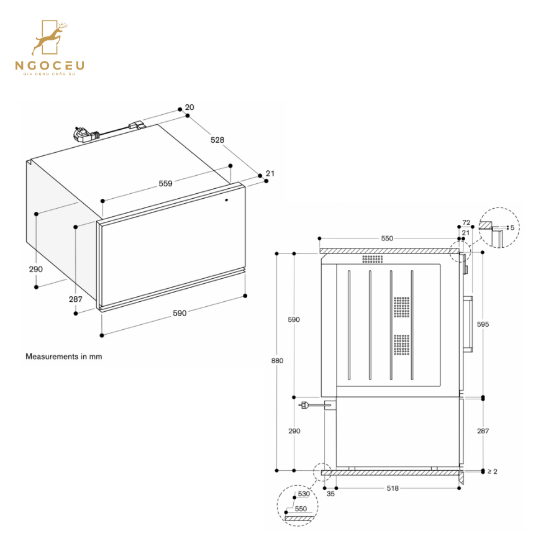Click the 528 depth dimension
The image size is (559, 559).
tap(217, 140)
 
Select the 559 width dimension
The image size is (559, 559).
tap(165, 183)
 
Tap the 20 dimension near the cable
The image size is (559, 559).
tap(189, 107)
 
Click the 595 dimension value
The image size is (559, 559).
tap(483, 324)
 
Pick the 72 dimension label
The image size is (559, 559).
tap(466, 222)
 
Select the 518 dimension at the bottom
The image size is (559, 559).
tap(392, 489)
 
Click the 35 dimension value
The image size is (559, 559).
tap(330, 494)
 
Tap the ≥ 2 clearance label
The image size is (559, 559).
tap(492, 471)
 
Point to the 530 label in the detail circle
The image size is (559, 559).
tap(304, 494)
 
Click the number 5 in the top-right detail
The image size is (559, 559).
tap(512, 227)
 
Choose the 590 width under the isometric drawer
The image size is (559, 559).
tap(179, 314)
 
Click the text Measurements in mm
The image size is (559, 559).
tap(63, 357)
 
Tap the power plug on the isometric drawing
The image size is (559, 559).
tap(83, 133)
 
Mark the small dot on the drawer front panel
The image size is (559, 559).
tap(226, 200)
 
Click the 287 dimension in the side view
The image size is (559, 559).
tap(483, 431)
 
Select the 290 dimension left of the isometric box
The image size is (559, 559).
tap(35, 269)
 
